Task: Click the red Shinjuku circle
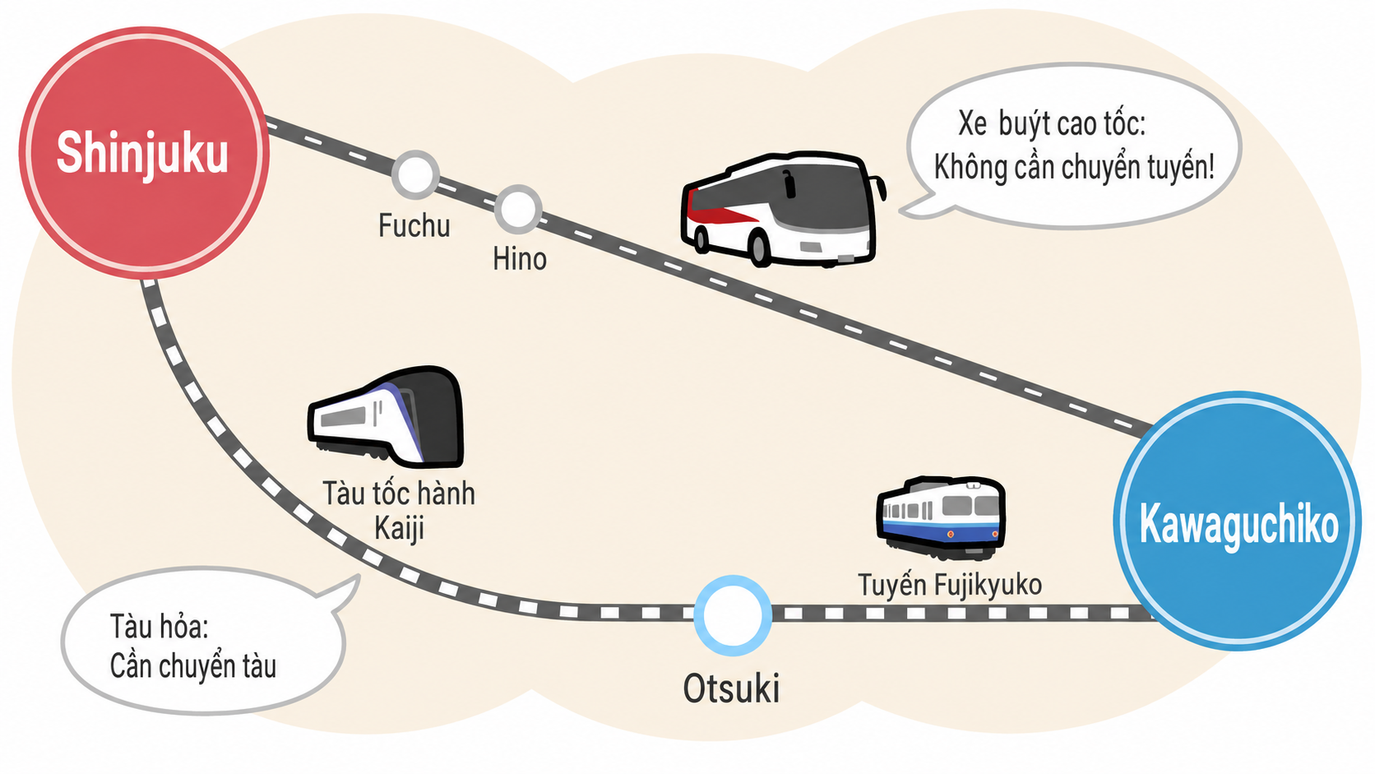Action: point(144,152)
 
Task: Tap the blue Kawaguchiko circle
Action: point(1237,521)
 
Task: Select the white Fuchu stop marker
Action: point(415,174)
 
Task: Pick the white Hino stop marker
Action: point(518,209)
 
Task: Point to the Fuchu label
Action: point(414,226)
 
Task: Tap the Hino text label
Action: point(519,259)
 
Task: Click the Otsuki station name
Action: point(731,688)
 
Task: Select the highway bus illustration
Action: point(783,209)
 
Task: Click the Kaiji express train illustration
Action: point(386,417)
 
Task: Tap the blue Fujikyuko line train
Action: point(941,517)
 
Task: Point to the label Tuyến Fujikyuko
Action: point(950,584)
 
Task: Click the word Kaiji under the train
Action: point(399,529)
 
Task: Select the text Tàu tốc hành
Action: point(398,494)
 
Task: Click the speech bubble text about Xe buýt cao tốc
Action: point(1074,146)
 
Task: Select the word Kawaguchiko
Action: point(1238,525)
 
